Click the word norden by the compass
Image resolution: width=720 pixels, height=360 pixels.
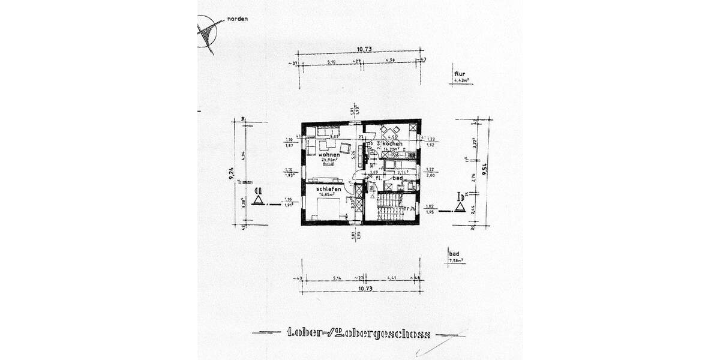pyautogui.click(x=237, y=19)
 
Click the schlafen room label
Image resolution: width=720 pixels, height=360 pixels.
pyautogui.click(x=329, y=190)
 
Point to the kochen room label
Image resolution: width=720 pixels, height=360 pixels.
pyautogui.click(x=392, y=145)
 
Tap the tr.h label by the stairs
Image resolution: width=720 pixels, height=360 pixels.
pyautogui.click(x=410, y=209)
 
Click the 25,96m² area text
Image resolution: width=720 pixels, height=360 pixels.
pyautogui.click(x=329, y=160)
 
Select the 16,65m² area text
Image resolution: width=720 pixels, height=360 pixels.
pyautogui.click(x=329, y=195)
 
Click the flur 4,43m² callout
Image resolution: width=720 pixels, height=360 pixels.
pyautogui.click(x=460, y=77)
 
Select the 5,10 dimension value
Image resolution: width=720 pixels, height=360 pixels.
pyautogui.click(x=331, y=61)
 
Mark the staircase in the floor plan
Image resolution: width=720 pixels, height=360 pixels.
pyautogui.click(x=391, y=207)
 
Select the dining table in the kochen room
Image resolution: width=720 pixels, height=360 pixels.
pyautogui.click(x=392, y=131)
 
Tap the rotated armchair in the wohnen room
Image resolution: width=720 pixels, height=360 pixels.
pyautogui.click(x=346, y=148)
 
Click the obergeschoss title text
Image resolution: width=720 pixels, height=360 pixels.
pyautogui.click(x=360, y=334)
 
